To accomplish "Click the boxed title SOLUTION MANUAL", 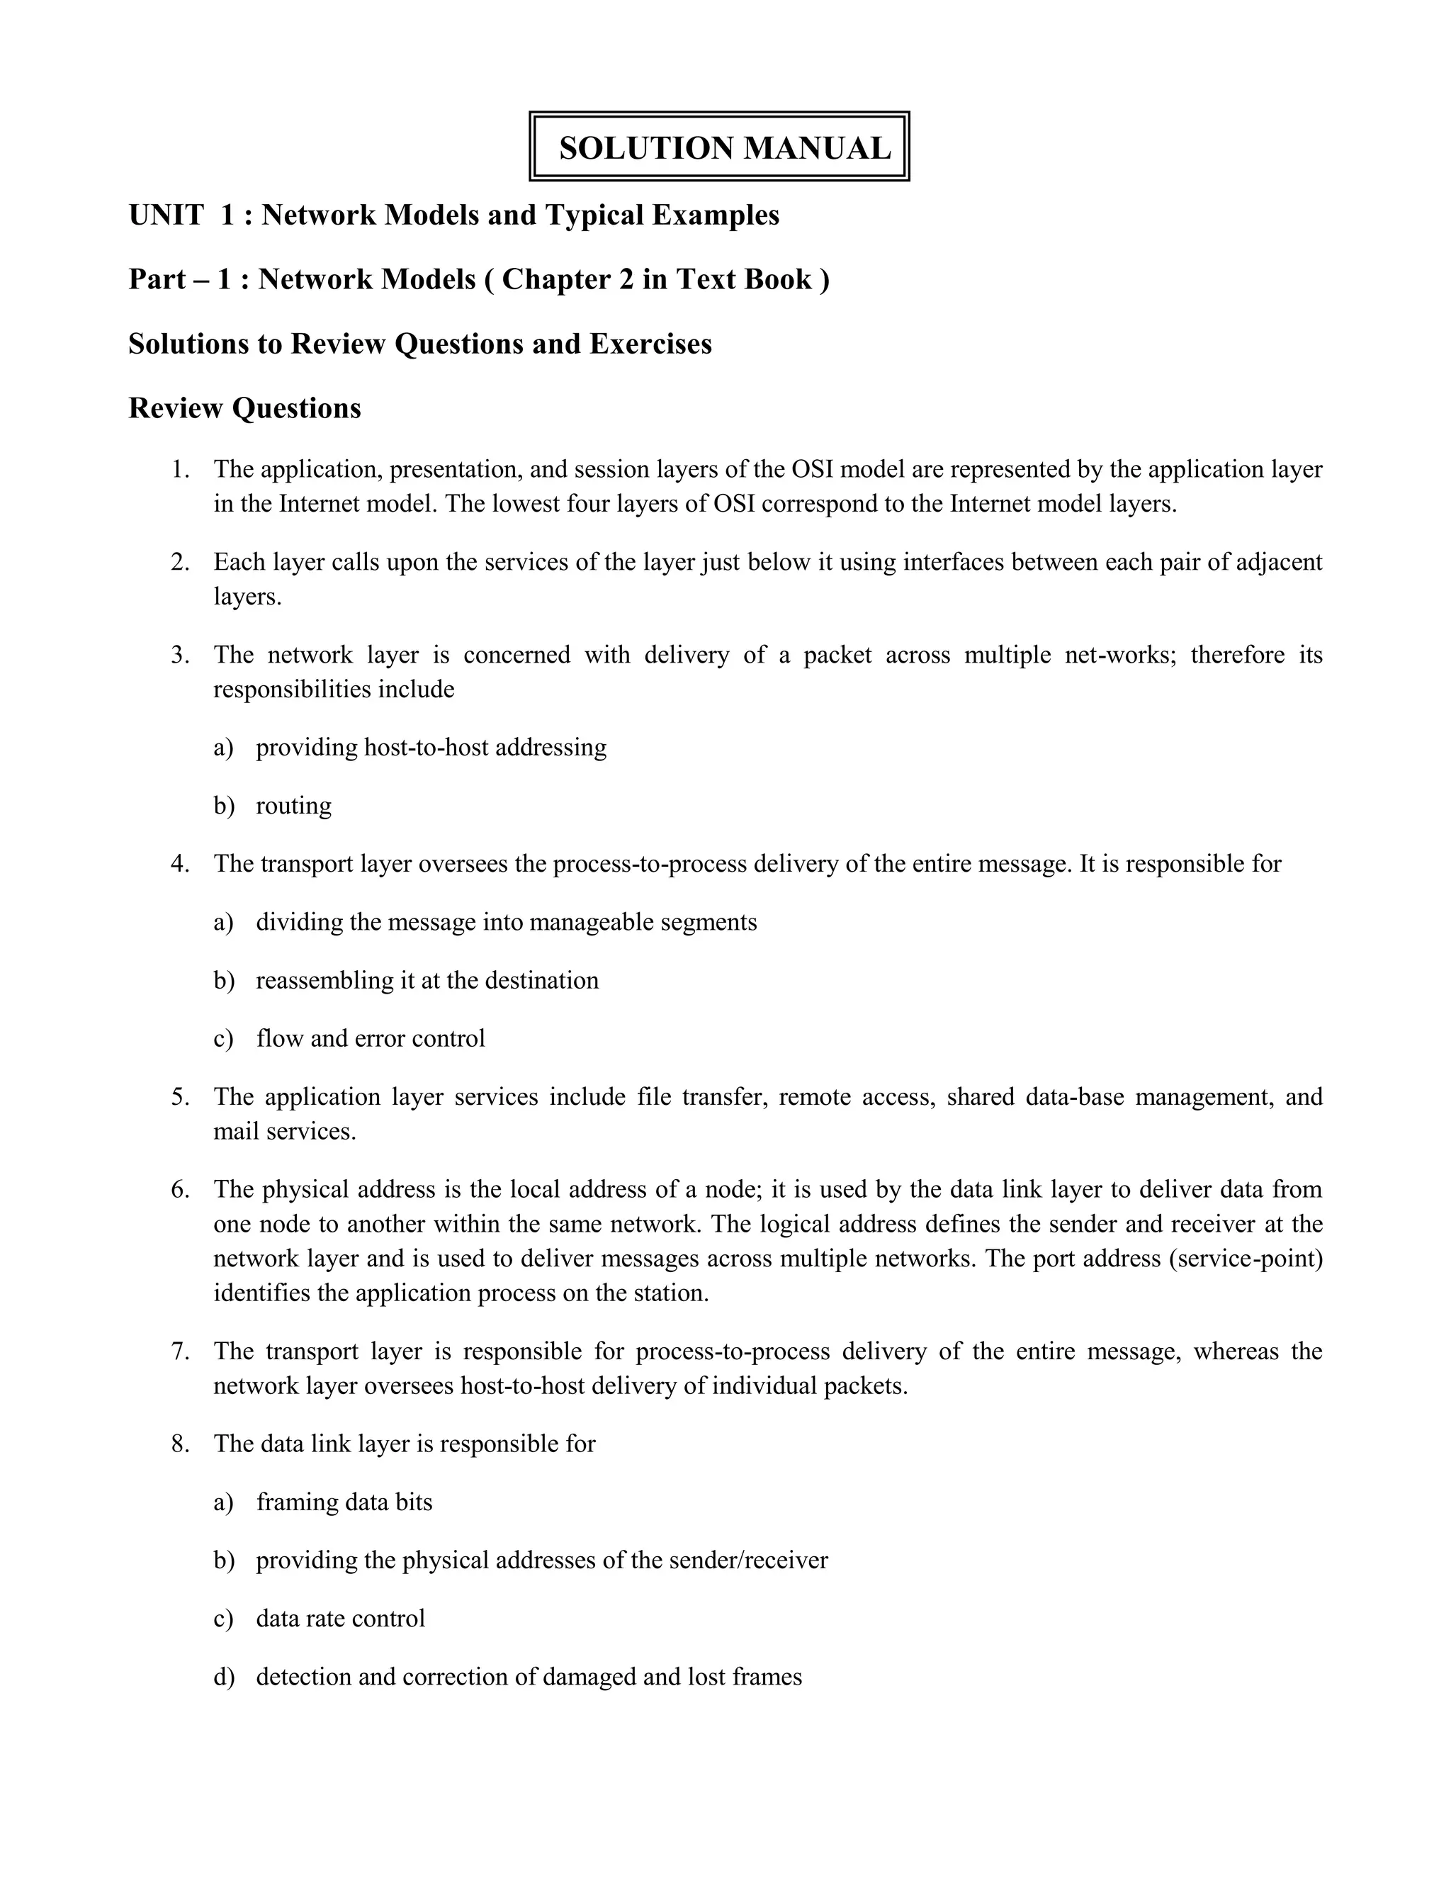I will click(x=724, y=148).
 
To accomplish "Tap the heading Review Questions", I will click(x=244, y=408).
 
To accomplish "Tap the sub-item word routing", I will click(x=293, y=806).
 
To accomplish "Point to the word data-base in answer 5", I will click(x=1075, y=1097).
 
